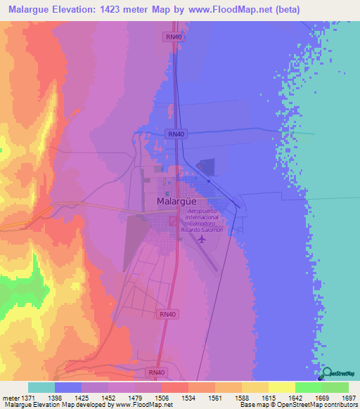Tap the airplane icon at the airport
click(202, 239)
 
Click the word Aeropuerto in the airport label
click(205, 211)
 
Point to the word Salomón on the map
click(214, 230)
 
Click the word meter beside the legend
click(10, 398)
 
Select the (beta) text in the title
click(281, 10)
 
